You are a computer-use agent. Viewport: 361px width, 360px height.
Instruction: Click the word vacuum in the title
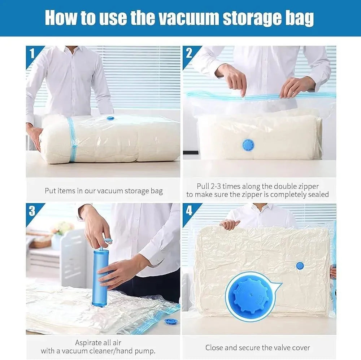click(x=187, y=18)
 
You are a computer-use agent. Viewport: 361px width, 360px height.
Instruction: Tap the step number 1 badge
click(x=32, y=53)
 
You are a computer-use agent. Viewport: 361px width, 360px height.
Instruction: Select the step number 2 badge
click(x=189, y=53)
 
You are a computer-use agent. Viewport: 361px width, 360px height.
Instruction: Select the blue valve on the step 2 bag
click(x=248, y=145)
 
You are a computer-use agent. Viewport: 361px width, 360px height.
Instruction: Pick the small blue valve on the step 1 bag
click(x=110, y=118)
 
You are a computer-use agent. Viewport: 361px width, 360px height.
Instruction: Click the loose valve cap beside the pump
click(x=170, y=321)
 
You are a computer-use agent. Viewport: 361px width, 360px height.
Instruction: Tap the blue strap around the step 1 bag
click(x=72, y=139)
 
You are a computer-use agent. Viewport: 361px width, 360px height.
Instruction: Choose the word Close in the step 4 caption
click(x=216, y=347)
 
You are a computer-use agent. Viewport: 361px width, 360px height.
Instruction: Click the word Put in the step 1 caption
click(x=50, y=191)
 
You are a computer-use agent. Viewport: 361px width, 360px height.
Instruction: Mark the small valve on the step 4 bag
click(x=300, y=266)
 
